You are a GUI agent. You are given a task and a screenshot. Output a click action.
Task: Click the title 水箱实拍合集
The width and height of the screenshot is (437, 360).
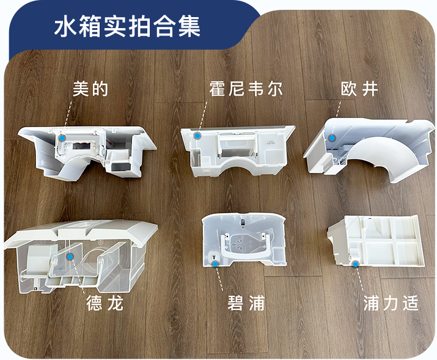pos(127,26)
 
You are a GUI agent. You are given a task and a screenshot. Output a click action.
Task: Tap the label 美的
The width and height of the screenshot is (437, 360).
pos(90,89)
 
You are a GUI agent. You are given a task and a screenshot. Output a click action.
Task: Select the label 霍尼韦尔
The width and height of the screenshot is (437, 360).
pos(246,89)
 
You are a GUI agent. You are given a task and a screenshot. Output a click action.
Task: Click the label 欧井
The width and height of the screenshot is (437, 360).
pos(359,89)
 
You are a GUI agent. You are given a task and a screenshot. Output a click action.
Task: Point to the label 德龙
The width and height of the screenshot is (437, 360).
pos(105,303)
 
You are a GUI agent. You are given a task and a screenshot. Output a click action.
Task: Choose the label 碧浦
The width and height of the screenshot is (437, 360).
pos(246,303)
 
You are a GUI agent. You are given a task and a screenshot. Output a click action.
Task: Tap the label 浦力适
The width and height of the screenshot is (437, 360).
pos(391,303)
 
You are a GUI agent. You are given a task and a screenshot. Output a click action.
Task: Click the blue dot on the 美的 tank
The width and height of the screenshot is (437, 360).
pos(62,138)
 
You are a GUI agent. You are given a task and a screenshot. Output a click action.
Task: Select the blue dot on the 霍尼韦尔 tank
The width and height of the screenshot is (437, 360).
pos(197,136)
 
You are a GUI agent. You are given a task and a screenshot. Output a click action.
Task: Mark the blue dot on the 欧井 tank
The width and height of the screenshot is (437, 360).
pos(332,138)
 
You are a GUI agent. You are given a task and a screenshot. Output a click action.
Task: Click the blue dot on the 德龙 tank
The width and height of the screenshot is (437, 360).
pos(70,257)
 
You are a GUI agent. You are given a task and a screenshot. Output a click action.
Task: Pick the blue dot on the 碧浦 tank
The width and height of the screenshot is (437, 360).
pos(215,264)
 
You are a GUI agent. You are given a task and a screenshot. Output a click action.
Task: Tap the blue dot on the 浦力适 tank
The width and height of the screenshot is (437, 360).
pos(355,264)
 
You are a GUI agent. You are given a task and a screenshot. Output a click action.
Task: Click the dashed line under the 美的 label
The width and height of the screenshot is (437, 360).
pos(68,115)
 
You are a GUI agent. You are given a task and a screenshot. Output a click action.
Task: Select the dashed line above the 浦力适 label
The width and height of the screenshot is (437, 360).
pos(359,279)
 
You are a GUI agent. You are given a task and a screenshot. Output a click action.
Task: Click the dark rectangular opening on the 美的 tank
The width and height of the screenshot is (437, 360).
pos(82,145)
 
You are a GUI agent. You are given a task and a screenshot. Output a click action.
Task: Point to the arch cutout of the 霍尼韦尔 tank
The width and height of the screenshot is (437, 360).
pos(237,163)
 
